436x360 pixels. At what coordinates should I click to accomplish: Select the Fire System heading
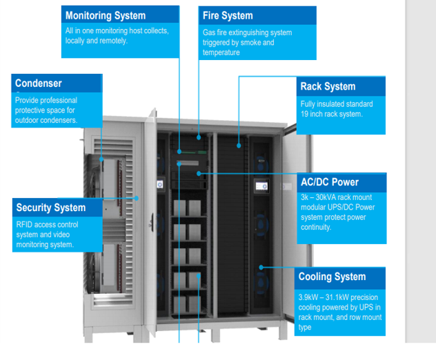point(228,15)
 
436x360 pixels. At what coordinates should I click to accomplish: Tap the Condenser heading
point(39,83)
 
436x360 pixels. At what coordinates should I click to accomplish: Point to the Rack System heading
point(328,86)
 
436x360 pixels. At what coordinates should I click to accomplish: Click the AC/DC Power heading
point(330,182)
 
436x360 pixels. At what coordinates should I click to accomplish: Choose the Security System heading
point(51,208)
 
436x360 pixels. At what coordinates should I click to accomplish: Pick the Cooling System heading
point(332,277)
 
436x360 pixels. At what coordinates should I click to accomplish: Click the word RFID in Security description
point(25,225)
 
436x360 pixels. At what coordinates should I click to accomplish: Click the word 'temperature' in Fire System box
point(221,52)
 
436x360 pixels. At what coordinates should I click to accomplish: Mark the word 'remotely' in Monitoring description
point(111,41)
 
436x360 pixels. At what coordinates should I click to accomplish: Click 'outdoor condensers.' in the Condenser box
point(46,120)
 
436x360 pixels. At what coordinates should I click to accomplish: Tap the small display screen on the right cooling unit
point(261,186)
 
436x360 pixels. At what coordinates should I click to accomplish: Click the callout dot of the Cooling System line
point(261,267)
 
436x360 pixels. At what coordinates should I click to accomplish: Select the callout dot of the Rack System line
point(239,145)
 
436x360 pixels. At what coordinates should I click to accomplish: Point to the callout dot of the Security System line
point(137,198)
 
